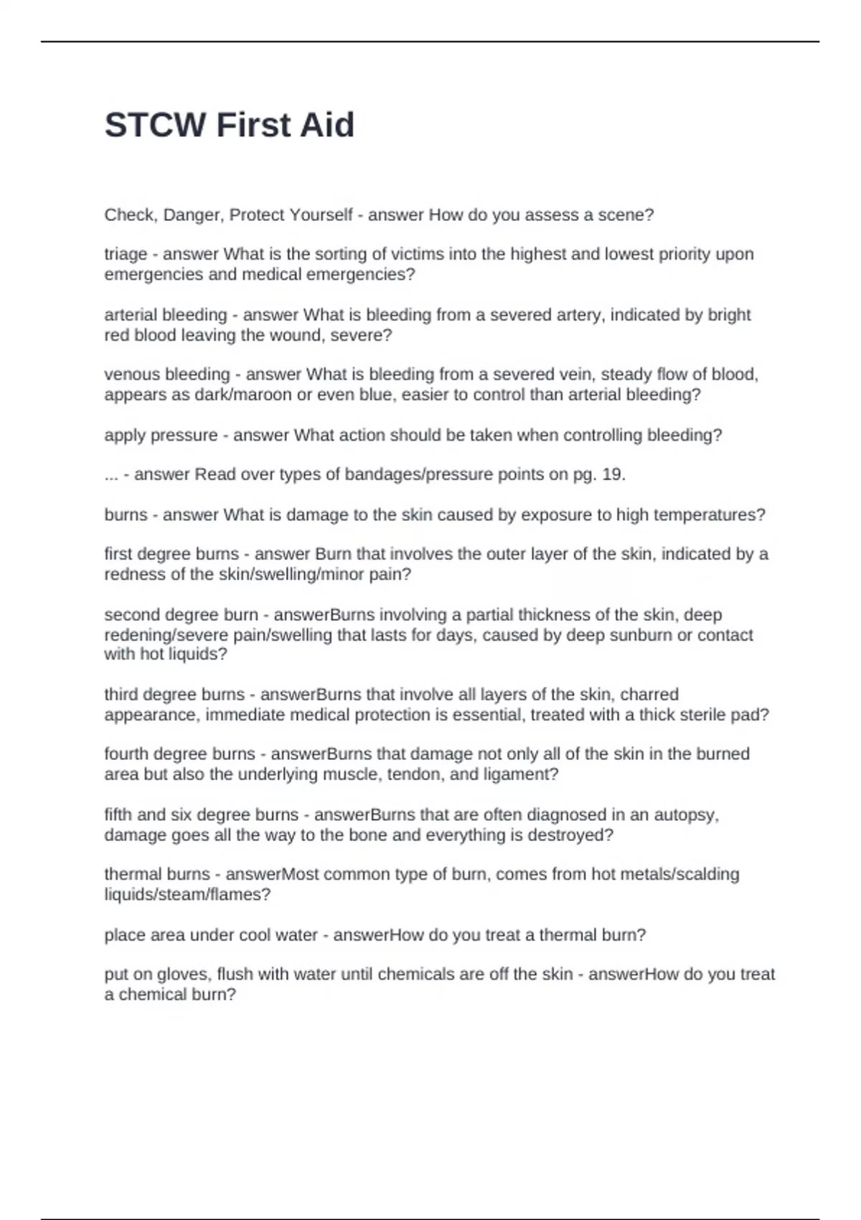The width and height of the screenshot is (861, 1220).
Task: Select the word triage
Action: tap(126, 255)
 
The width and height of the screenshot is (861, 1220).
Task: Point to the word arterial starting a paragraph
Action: tap(130, 315)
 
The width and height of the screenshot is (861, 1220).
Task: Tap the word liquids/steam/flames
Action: tap(187, 895)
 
